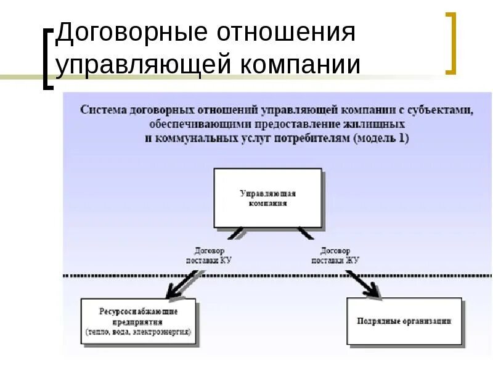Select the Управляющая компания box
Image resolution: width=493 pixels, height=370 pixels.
[268, 198]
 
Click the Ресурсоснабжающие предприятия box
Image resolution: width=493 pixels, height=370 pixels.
[138, 321]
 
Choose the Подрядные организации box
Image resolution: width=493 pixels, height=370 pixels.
[404, 321]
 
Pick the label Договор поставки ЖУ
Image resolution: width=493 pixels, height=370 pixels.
[335, 256]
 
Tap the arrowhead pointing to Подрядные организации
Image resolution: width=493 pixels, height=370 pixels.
[373, 291]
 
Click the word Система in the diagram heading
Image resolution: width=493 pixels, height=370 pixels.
[102, 110]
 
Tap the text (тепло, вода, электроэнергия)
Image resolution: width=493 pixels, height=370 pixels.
[138, 331]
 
